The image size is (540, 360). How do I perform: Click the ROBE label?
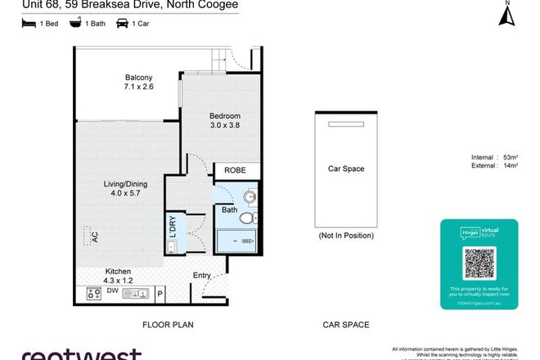(x=236, y=171)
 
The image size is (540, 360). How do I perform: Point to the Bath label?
(x=229, y=210)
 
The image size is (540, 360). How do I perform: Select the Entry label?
(x=201, y=277)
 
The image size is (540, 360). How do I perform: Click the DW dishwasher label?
(x=113, y=290)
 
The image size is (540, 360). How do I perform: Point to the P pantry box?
(x=160, y=291)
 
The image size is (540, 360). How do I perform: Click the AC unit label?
(x=94, y=237)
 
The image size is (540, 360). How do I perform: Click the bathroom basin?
(x=251, y=196)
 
